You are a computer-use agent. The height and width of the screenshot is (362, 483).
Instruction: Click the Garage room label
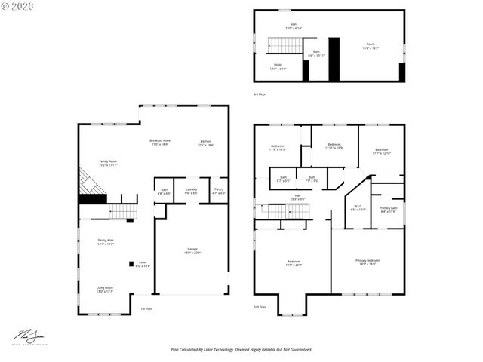pyautogui.click(x=192, y=251)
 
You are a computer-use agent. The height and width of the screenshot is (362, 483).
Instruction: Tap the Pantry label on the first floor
pyautogui.click(x=218, y=191)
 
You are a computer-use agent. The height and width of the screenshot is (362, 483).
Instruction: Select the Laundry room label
pyautogui.click(x=192, y=191)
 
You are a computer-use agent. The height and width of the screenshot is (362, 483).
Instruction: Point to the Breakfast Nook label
pyautogui.click(x=159, y=143)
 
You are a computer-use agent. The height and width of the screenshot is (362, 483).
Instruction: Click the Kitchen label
pyautogui.click(x=205, y=143)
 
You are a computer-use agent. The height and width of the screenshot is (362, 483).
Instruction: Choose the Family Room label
pyautogui.click(x=108, y=163)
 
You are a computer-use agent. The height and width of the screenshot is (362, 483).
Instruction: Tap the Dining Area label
pyautogui.click(x=105, y=242)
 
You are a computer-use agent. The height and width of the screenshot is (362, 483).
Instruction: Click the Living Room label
pyautogui.click(x=104, y=289)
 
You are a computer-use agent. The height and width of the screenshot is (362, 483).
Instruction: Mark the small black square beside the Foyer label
pyautogui.click(x=131, y=264)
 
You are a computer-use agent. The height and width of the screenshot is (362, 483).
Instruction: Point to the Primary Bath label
pyautogui.click(x=389, y=210)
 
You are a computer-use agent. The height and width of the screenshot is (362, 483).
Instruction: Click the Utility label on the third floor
pyautogui.click(x=278, y=66)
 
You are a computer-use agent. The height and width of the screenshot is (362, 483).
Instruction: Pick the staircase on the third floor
pyautogui.click(x=281, y=45)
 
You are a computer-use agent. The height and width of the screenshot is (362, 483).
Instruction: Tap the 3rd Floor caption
pyautogui.click(x=260, y=94)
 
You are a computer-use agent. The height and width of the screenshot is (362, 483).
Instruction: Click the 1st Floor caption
pyautogui.click(x=146, y=308)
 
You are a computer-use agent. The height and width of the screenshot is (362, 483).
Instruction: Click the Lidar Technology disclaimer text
pyautogui.click(x=241, y=349)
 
